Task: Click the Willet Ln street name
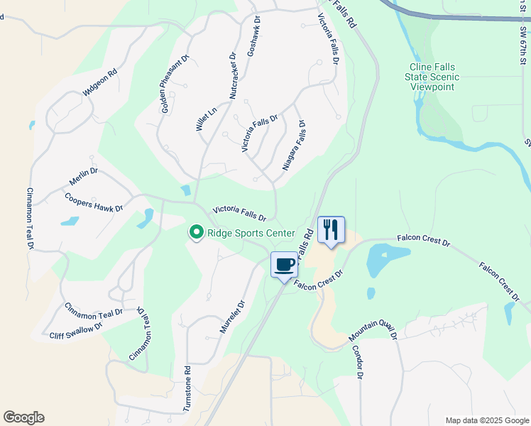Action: coord(205,119)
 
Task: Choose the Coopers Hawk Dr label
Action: coord(94,202)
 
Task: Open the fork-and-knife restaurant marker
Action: coord(331,230)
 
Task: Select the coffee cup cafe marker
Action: coord(284,265)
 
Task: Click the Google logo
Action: coord(23,417)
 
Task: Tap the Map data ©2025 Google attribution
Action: coord(487,420)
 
